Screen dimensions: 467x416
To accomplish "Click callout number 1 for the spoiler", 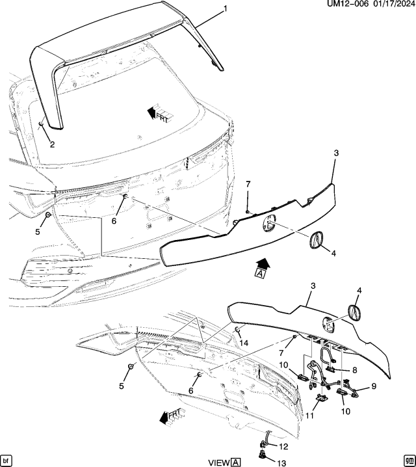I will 225,8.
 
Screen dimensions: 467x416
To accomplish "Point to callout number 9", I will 374,386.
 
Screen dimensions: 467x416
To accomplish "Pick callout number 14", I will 245,342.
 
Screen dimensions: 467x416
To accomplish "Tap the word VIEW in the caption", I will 218,462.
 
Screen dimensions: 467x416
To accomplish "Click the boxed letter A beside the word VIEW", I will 236,462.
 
